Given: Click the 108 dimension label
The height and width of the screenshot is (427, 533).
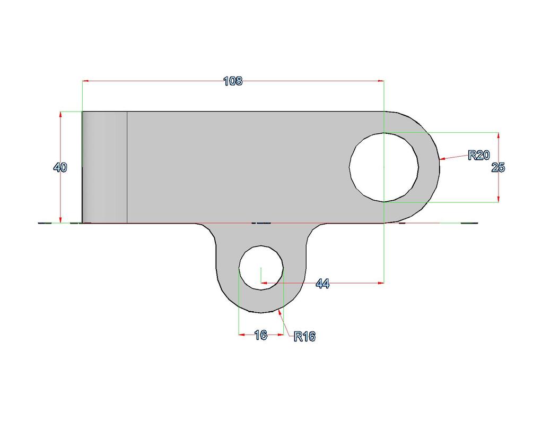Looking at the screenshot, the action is (x=233, y=81).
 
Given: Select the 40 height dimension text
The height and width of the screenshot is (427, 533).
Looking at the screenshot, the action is (x=60, y=167).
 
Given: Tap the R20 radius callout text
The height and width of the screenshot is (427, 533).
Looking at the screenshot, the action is (x=479, y=155).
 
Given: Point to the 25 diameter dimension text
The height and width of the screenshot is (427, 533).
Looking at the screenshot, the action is (x=499, y=167).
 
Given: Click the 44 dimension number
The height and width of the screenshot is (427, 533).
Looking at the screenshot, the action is (x=322, y=283).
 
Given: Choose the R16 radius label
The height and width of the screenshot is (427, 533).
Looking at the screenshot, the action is (x=304, y=336).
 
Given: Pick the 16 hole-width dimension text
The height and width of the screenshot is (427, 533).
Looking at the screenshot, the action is (x=261, y=335).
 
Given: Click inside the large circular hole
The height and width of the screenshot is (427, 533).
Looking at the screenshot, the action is (x=384, y=167).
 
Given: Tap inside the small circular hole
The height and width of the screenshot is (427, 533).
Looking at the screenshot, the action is (x=261, y=268).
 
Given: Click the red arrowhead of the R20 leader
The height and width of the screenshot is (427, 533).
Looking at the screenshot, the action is (x=442, y=159).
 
